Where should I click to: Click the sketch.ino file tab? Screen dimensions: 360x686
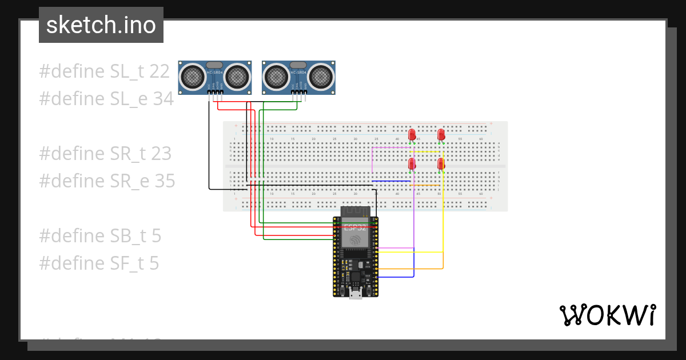pyautogui.click(x=101, y=25)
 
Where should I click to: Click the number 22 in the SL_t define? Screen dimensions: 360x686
pyautogui.click(x=159, y=71)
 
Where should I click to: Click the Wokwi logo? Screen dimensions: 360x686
pyautogui.click(x=607, y=315)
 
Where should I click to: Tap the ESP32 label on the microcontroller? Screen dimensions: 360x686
pyautogui.click(x=354, y=228)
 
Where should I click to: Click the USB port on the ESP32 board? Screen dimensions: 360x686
pyautogui.click(x=355, y=293)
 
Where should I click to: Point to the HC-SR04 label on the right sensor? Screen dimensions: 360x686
pyautogui.click(x=298, y=72)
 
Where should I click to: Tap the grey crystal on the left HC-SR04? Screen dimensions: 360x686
pyautogui.click(x=214, y=65)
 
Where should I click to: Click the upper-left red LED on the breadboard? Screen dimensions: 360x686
pyautogui.click(x=412, y=135)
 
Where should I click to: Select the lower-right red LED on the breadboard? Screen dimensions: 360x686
pyautogui.click(x=441, y=164)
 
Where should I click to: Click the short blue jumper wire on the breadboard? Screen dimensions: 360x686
pyautogui.click(x=392, y=181)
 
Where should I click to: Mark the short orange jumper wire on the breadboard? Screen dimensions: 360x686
pyautogui.click(x=426, y=185)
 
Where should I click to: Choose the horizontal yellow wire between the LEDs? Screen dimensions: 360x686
pyautogui.click(x=428, y=152)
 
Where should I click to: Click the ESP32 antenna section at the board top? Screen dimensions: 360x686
pyautogui.click(x=355, y=212)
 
